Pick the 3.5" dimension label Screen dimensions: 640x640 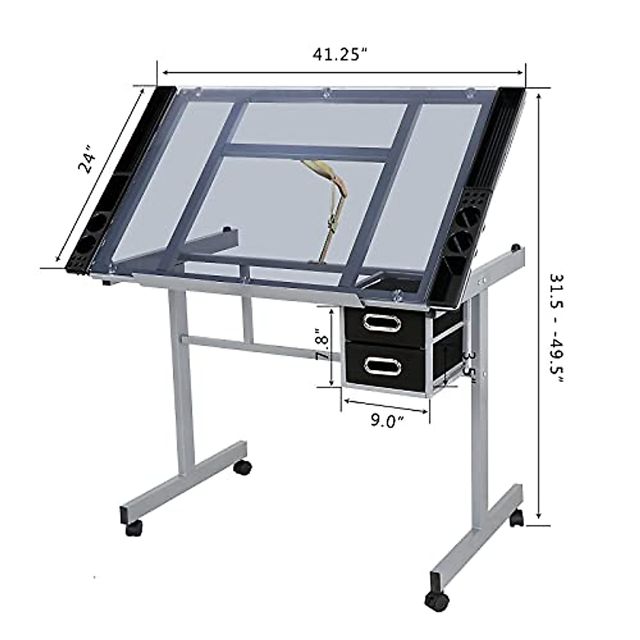tap(468, 365)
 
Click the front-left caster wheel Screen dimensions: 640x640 tap(134, 527)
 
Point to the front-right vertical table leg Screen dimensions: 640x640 tap(481, 405)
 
